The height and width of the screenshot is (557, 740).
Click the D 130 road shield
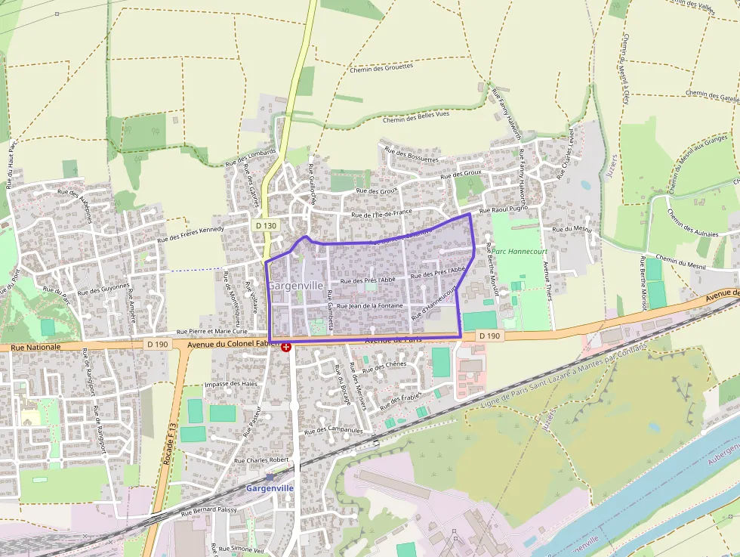click(266, 225)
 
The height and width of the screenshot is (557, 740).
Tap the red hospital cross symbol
click(286, 346)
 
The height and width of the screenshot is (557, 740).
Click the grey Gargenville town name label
click(296, 286)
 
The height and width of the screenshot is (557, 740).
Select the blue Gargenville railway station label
click(270, 488)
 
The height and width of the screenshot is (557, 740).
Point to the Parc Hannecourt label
click(519, 251)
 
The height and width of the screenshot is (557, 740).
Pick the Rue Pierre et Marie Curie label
click(212, 331)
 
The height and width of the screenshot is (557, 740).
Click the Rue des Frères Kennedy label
click(190, 234)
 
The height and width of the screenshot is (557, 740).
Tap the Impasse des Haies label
click(231, 384)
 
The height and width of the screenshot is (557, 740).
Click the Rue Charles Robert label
click(261, 460)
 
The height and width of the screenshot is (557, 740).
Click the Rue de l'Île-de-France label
click(382, 214)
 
